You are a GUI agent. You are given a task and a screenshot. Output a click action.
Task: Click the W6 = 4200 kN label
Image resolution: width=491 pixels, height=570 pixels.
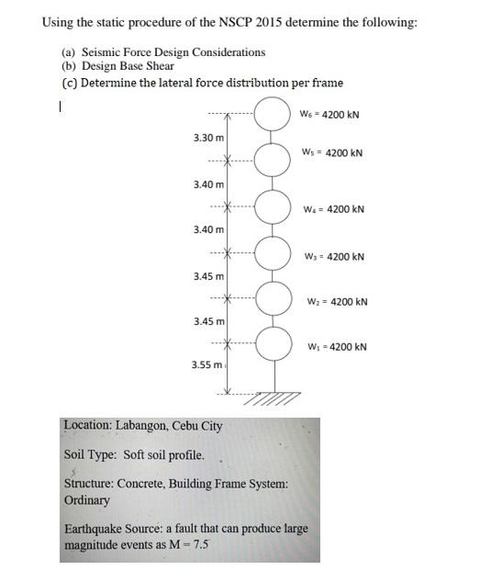(x=329, y=115)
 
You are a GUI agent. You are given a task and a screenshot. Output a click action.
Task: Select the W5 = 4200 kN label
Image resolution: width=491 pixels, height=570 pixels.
(x=331, y=152)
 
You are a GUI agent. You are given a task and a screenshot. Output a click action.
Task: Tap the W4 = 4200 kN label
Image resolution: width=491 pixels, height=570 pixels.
(x=333, y=209)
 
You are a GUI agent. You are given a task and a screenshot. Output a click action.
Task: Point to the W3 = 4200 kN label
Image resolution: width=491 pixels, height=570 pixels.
(x=333, y=257)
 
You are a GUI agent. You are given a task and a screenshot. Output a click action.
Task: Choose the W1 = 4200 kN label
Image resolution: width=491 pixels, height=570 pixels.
(x=336, y=347)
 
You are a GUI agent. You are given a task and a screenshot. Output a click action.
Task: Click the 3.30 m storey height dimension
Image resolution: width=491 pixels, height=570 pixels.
(x=207, y=138)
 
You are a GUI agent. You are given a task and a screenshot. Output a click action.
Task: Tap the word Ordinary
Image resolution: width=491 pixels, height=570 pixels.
(x=87, y=500)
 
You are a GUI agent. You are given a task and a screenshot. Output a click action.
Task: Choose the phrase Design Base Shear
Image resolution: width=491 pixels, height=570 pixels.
(x=128, y=66)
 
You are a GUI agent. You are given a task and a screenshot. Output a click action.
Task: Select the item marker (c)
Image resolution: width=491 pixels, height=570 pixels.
(x=69, y=83)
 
